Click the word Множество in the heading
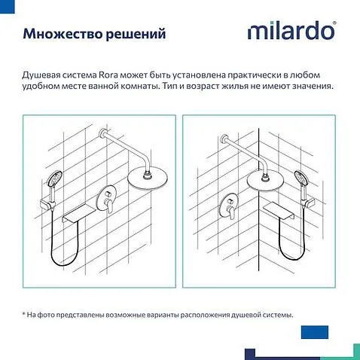coord(57,35)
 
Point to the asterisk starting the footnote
coord(24,315)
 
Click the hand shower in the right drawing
coord(302,182)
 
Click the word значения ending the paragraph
coord(308,87)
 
